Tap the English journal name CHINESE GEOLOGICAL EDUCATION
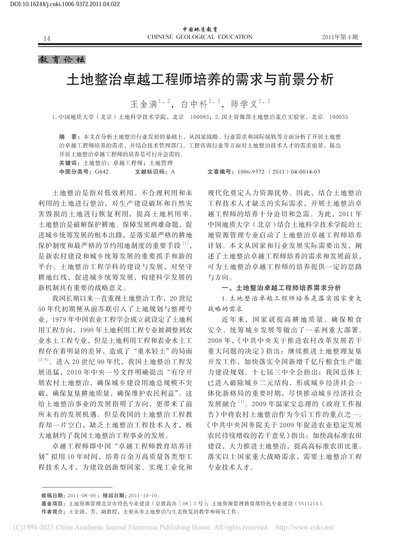pyautogui.click(x=200, y=37)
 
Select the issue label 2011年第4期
pyautogui.click(x=340, y=37)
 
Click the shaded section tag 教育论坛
pyautogui.click(x=62, y=60)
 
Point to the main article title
pyautogui.click(x=200, y=81)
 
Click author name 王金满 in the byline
pyautogui.click(x=144, y=105)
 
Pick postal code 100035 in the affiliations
pyautogui.click(x=339, y=117)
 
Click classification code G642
pyautogui.click(x=102, y=172)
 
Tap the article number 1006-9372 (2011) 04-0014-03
pyautogui.click(x=278, y=172)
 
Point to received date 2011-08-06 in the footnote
pyautogui.click(x=82, y=495)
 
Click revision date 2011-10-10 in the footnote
pyautogui.click(x=143, y=495)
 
